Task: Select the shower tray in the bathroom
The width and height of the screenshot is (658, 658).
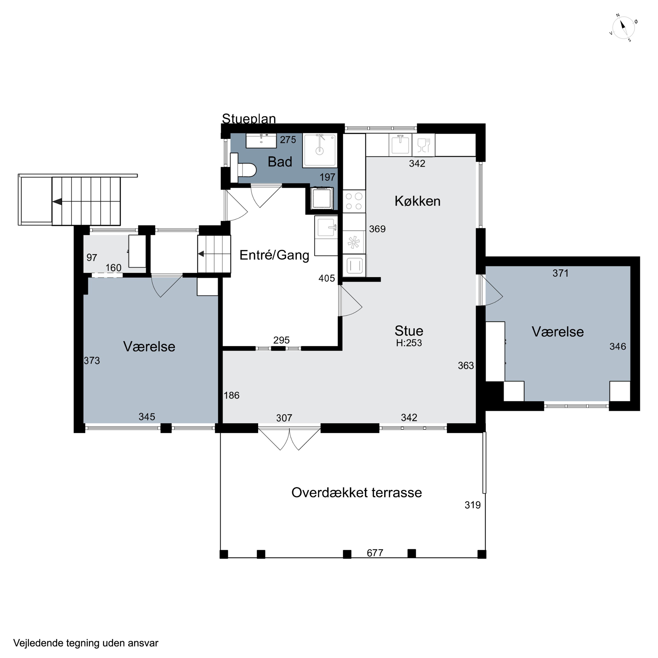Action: (x=320, y=150)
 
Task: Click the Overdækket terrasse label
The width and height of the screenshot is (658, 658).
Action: (x=357, y=492)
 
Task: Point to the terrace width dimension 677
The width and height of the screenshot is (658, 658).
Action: (x=375, y=553)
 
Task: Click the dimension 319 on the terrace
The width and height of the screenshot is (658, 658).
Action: (x=473, y=505)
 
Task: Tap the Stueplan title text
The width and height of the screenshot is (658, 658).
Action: (x=249, y=118)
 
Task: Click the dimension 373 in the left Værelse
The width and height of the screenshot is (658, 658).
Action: (x=92, y=360)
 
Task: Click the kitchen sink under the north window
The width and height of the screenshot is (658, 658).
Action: (x=400, y=145)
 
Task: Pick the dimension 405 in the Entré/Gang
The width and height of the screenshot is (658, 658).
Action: (x=327, y=278)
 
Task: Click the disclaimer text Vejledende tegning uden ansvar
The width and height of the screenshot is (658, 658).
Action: (x=86, y=643)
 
